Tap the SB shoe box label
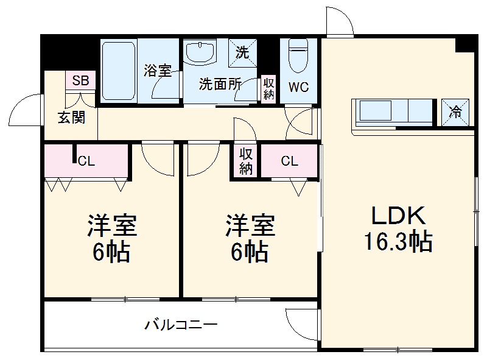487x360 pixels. (x=80, y=80)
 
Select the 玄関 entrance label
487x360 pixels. (x=71, y=118)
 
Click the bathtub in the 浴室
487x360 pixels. (x=118, y=70)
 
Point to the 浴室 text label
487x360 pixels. (x=157, y=70)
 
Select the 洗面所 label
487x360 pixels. (x=220, y=85)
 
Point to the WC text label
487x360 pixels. (x=298, y=87)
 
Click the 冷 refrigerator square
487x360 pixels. (x=455, y=111)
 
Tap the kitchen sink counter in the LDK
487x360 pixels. (x=393, y=112)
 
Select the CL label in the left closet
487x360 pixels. (x=86, y=161)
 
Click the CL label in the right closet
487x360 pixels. (x=290, y=161)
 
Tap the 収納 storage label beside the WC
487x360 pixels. (x=268, y=88)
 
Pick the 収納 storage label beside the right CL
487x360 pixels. (x=245, y=161)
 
